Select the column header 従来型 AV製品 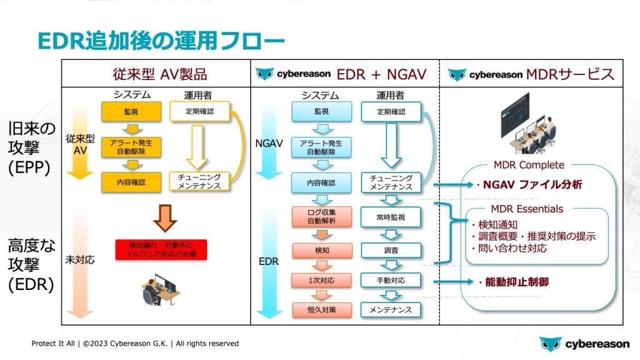156,74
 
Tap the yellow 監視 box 127,112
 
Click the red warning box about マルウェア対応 161,250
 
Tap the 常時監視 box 390,217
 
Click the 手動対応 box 390,280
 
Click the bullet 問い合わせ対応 509,248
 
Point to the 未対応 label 80,259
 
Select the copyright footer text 136,344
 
